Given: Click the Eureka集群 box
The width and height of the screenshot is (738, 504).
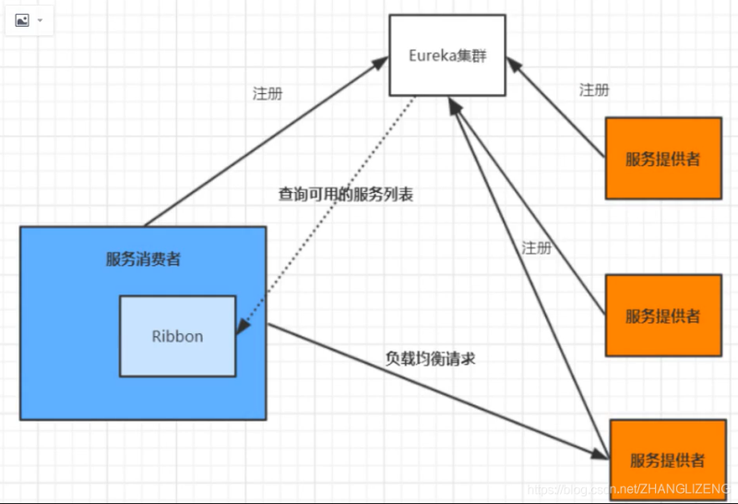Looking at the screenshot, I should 446,54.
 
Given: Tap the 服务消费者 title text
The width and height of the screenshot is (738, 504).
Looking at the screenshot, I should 143,258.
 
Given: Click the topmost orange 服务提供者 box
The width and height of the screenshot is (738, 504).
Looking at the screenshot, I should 662,158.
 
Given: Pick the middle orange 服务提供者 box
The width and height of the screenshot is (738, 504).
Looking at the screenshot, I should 662,316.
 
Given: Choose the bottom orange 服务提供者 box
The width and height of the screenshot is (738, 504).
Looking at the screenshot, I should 668,459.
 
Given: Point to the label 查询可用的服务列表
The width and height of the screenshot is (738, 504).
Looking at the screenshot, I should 345,195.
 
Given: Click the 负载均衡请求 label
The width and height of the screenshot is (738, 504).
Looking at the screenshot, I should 430,358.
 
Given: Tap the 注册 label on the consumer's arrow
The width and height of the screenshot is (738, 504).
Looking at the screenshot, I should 268,93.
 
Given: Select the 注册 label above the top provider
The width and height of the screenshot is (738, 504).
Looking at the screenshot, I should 594,90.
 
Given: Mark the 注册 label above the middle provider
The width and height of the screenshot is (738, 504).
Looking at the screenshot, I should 536,247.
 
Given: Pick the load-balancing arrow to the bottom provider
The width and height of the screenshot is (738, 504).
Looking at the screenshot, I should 434,388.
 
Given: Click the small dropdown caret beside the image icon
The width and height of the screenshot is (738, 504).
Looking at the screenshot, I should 41,19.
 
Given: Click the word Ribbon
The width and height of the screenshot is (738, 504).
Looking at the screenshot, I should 177,336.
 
